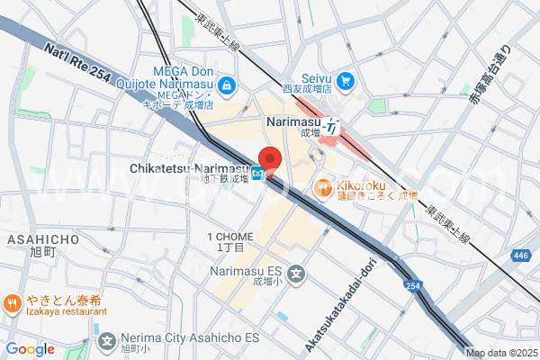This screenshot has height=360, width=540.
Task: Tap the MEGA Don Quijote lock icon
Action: [x=227, y=86]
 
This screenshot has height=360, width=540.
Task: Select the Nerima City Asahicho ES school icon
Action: [x=108, y=341]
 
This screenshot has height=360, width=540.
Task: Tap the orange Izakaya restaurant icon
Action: [x=13, y=303]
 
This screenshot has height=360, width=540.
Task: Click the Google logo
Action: [x=30, y=349]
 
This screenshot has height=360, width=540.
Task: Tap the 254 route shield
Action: [x=411, y=286]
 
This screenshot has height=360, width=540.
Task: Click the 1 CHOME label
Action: [x=237, y=237]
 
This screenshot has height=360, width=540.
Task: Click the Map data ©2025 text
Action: [x=500, y=353]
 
